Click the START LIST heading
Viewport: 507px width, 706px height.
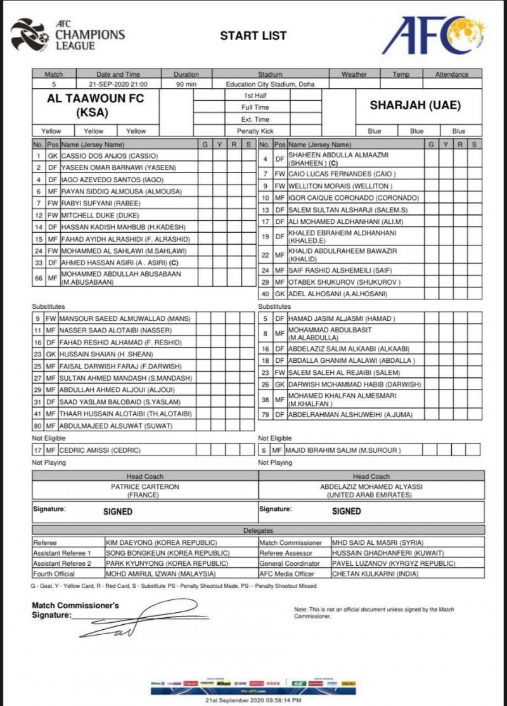tap(253, 36)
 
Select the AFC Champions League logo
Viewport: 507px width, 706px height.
tap(68, 35)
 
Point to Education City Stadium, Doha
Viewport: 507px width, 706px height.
tap(269, 84)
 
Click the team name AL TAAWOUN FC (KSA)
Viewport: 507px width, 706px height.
tap(95, 105)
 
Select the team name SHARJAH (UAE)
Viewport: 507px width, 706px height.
tap(415, 105)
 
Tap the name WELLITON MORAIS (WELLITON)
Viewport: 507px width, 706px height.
tap(340, 186)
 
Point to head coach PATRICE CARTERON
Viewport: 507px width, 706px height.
tap(145, 486)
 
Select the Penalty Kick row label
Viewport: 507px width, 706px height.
tap(253, 131)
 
